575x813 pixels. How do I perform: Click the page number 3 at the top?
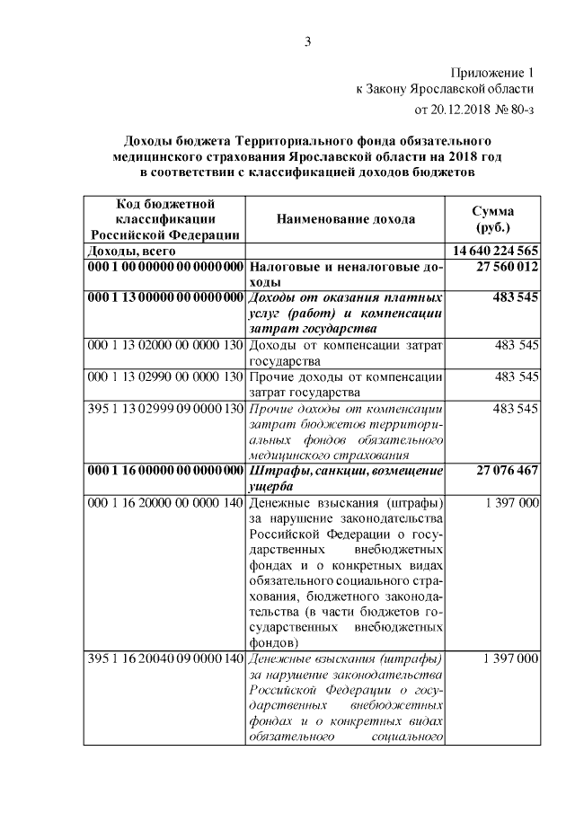[306, 40]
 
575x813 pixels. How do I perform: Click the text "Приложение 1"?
[491, 71]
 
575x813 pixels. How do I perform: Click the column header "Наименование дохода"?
[345, 219]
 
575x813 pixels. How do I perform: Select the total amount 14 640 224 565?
[492, 251]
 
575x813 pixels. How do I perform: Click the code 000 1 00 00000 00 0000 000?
[165, 267]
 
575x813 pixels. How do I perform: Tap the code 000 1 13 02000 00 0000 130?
[165, 344]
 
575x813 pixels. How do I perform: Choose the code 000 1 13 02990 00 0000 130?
[165, 376]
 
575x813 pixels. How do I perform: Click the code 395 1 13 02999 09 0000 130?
[165, 408]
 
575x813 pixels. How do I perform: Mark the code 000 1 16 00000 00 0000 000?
[165, 470]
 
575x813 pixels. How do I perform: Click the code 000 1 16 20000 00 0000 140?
[165, 502]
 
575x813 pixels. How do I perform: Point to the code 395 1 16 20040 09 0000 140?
[165, 658]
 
